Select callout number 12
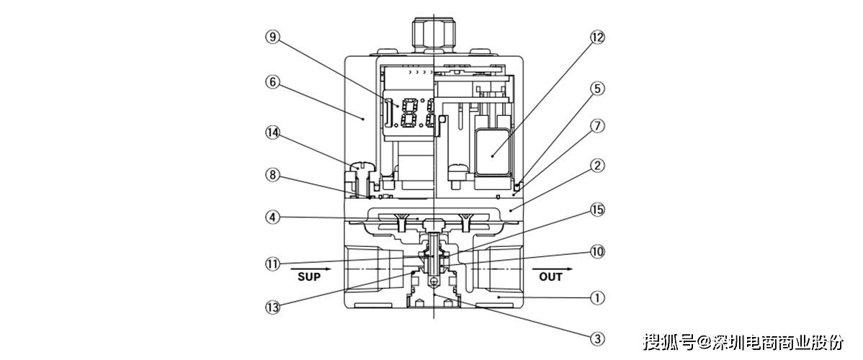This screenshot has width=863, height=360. pyautogui.click(x=597, y=37)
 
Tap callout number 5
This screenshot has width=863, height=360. pyautogui.click(x=597, y=88)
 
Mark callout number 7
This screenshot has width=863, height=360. pyautogui.click(x=597, y=126)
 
